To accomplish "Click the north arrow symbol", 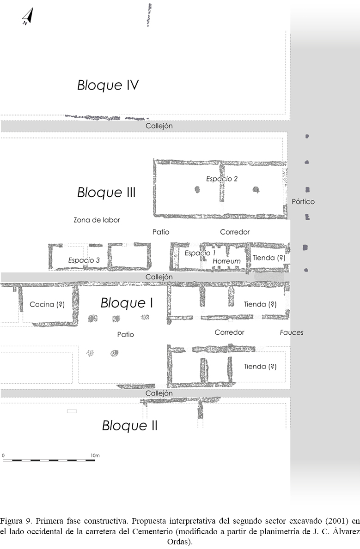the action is click(x=28, y=17).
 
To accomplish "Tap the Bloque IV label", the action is click(x=108, y=85).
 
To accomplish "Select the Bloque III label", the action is click(x=106, y=192).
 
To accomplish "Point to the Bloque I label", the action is click(x=127, y=303).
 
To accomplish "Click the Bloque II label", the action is click(x=130, y=425).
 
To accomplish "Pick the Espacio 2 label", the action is click(x=222, y=179).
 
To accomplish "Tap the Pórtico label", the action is click(x=303, y=201).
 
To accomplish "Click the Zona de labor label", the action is click(x=97, y=220).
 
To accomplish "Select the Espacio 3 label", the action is click(x=84, y=260).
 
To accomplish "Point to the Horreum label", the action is click(x=226, y=261).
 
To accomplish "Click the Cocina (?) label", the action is click(x=47, y=304).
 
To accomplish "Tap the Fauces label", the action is click(x=292, y=332).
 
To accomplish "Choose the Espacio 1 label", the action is click(x=200, y=253).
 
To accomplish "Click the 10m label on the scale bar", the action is click(x=95, y=456).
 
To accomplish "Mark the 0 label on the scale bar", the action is click(x=3, y=456).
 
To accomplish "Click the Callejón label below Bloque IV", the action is click(x=159, y=126).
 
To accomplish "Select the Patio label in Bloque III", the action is click(x=161, y=232).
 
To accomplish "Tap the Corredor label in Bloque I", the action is click(x=229, y=332).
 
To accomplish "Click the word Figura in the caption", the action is click(x=11, y=521).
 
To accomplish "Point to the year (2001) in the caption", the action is click(x=336, y=521).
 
